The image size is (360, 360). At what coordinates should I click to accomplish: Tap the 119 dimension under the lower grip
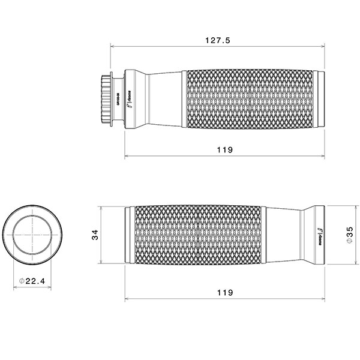tap(225, 292)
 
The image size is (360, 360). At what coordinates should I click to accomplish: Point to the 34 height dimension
tap(94, 236)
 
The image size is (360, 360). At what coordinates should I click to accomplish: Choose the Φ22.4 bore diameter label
tap(32, 281)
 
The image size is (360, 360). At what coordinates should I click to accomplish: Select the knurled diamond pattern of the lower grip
tap(198, 236)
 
